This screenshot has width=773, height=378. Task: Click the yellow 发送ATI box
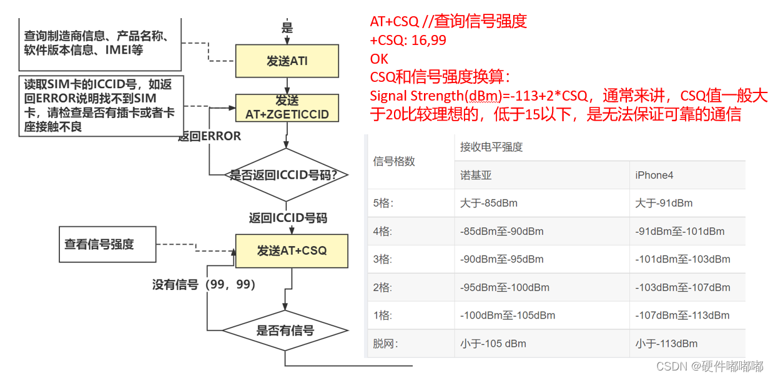coord(287,61)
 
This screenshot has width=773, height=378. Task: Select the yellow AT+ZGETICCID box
coord(287,107)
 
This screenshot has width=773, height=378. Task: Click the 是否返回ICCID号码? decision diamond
coord(287,175)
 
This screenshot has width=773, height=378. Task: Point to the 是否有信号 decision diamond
coord(285,331)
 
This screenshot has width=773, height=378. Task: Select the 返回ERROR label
coord(209,136)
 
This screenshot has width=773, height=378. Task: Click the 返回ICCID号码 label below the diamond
coord(288,218)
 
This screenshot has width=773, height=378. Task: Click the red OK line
coord(379,59)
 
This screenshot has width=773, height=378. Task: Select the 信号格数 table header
coord(394,161)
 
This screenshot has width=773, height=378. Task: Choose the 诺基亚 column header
coord(476,176)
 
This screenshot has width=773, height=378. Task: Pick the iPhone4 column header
coord(654,176)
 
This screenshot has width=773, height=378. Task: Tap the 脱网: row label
coord(385,344)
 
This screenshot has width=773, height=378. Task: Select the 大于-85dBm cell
coord(488,203)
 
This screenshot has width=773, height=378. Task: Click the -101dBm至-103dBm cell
coord(682,259)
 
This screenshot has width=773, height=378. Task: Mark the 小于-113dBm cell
coord(666,344)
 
